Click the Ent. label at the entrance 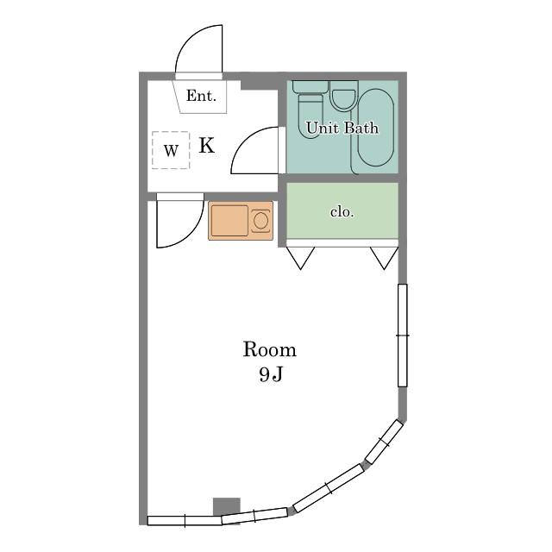pyautogui.click(x=201, y=96)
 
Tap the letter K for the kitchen pyautogui.click(x=207, y=145)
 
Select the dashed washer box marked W pyautogui.click(x=171, y=150)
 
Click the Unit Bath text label pyautogui.click(x=342, y=128)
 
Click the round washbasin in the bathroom pyautogui.click(x=343, y=97)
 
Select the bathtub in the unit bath pyautogui.click(x=375, y=128)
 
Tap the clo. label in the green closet pyautogui.click(x=342, y=212)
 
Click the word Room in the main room pyautogui.click(x=270, y=350)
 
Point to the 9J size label pyautogui.click(x=270, y=375)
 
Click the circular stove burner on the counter pyautogui.click(x=260, y=221)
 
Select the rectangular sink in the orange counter pyautogui.click(x=229, y=221)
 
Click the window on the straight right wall pyautogui.click(x=403, y=336)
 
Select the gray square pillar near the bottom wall pyautogui.click(x=227, y=507)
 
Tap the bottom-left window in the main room pyautogui.click(x=185, y=521)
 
